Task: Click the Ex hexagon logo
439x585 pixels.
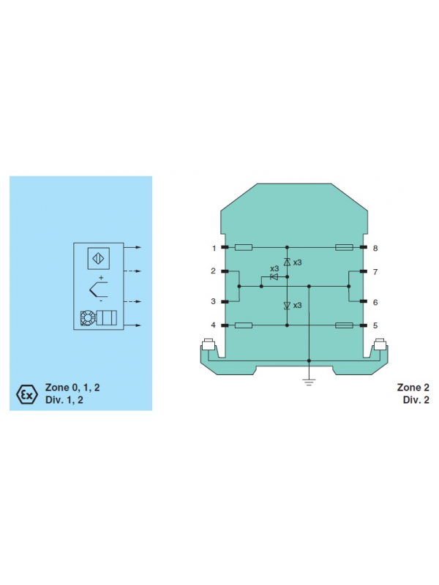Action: [27, 394]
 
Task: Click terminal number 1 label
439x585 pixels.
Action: [214, 248]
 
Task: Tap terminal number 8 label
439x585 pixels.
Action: [375, 248]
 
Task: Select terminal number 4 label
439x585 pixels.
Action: [213, 325]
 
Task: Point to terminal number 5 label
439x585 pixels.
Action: [375, 325]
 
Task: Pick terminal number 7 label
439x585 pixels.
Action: [375, 271]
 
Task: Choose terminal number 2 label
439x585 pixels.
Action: [213, 271]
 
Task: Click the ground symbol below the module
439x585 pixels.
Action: [309, 382]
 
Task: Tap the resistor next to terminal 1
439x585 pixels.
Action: [244, 247]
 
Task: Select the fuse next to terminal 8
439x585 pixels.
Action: [344, 247]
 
